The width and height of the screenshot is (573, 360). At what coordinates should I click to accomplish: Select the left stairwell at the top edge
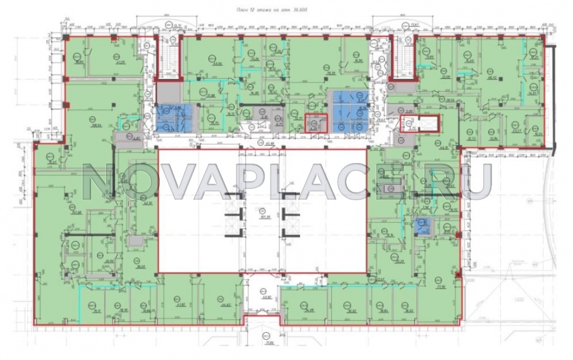tap(168, 57)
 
